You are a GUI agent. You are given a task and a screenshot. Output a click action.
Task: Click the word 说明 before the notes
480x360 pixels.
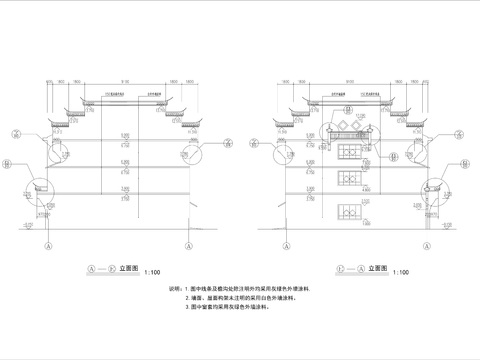pos(176,289)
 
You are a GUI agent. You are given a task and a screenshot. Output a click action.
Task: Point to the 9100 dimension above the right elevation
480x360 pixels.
pos(349,80)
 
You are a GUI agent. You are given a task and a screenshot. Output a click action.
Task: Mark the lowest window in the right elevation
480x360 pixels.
pos(349,212)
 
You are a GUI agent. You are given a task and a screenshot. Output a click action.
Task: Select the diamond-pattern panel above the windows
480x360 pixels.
pos(349,131)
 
